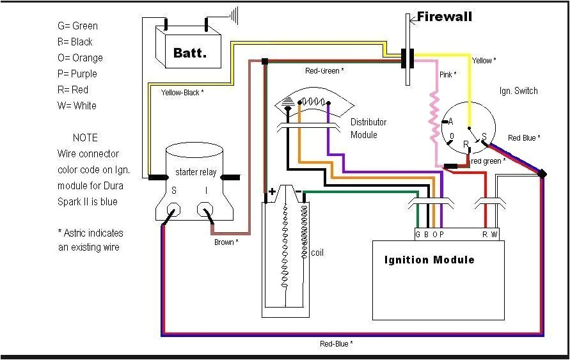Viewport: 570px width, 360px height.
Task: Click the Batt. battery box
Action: pos(189,52)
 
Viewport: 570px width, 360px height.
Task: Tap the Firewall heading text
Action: pos(445,17)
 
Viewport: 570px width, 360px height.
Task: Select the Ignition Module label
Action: pos(429,260)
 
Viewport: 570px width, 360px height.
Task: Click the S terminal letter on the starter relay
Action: pos(173,191)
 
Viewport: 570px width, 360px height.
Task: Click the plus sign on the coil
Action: pos(272,191)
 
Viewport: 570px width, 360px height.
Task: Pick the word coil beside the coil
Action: pos(317,253)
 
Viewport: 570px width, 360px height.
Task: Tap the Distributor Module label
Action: pos(368,129)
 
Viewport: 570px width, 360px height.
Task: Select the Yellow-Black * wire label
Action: pos(182,92)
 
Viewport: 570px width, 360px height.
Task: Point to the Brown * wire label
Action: pos(226,242)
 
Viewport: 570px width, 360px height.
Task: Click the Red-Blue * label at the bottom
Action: pos(336,344)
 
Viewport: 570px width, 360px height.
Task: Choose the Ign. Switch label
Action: pos(518,91)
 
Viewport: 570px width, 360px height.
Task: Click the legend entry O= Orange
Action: pos(80,58)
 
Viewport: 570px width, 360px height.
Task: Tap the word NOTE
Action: pos(85,137)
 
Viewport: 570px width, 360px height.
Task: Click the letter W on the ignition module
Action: pos(494,235)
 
